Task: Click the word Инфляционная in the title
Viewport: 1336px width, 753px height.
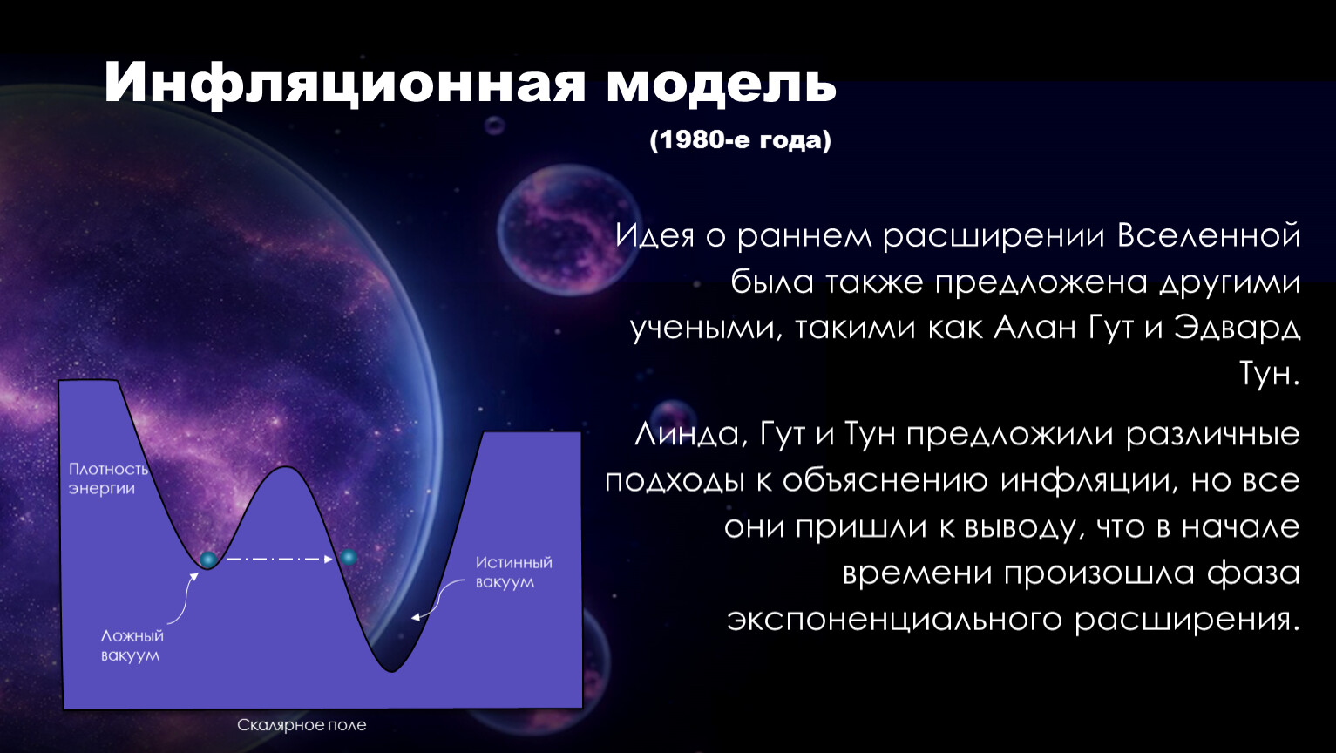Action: point(345,85)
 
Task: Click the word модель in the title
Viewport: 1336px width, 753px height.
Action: point(721,85)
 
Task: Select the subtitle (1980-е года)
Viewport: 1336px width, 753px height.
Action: point(740,140)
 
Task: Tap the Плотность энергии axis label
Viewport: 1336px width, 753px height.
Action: point(108,478)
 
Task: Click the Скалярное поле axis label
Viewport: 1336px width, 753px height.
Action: point(302,725)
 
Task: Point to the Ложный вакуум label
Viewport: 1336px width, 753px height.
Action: point(132,645)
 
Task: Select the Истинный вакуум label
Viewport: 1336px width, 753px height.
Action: point(513,572)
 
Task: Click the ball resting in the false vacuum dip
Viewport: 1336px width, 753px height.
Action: point(208,560)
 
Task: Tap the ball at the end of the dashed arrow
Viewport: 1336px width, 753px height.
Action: point(349,557)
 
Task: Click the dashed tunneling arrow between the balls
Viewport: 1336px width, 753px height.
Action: point(279,559)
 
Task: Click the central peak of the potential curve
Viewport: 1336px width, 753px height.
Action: point(286,467)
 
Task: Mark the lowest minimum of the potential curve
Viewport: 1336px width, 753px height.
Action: point(391,671)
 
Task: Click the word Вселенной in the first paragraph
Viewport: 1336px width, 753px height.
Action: point(1208,235)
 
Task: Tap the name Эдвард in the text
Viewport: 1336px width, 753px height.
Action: point(1237,329)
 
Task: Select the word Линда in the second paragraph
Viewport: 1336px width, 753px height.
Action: point(687,434)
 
